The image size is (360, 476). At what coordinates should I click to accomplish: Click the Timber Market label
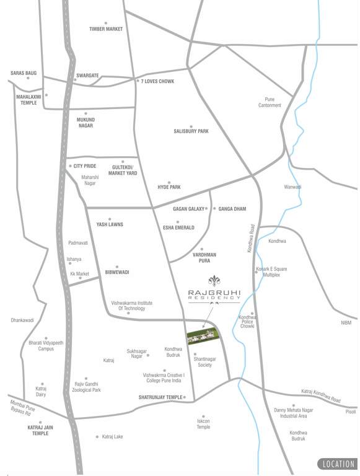click(106, 29)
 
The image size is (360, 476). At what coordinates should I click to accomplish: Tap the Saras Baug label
click(24, 73)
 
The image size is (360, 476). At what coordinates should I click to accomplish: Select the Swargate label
click(87, 76)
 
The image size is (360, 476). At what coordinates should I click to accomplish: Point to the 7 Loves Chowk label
click(157, 82)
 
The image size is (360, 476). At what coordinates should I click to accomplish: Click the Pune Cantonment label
click(270, 102)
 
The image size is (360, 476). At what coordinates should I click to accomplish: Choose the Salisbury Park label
click(191, 131)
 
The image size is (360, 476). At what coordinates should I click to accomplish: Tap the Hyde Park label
click(169, 187)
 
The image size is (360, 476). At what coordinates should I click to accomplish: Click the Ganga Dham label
click(232, 209)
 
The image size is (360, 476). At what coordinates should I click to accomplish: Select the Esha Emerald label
click(178, 227)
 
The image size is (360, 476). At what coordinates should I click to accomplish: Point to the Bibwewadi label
click(117, 272)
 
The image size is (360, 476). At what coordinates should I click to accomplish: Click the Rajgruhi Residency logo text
click(214, 294)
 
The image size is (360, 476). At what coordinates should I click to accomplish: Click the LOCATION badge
click(338, 464)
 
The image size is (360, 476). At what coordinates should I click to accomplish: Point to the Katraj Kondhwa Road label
click(321, 395)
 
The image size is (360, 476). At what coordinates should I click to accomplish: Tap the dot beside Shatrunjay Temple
click(185, 397)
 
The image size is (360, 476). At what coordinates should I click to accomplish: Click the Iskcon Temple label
click(203, 424)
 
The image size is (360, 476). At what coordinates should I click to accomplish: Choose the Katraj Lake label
click(112, 436)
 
